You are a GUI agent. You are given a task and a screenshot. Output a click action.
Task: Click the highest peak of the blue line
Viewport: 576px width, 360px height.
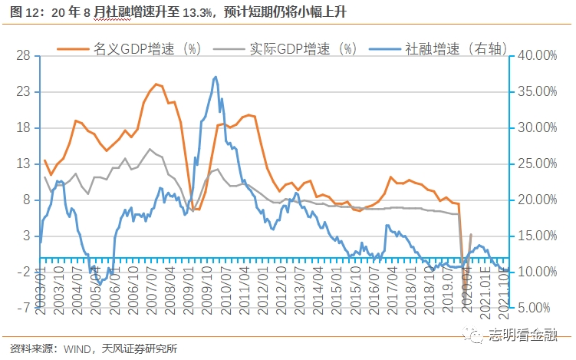click(x=216, y=77)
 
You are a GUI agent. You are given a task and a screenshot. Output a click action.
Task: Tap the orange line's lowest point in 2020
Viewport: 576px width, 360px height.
click(x=465, y=289)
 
